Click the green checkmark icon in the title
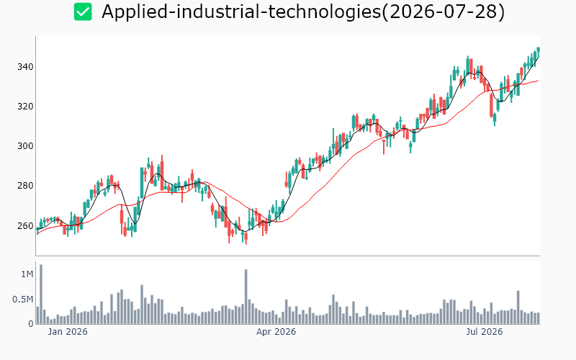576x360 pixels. click(83, 12)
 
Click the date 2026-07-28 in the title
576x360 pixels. click(444, 12)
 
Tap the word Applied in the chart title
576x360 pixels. click(134, 12)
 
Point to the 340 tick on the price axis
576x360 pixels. click(25, 67)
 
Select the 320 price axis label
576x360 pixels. click(25, 107)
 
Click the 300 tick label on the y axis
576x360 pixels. click(25, 146)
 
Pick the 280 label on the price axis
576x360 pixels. click(25, 186)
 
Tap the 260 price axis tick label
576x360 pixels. click(25, 225)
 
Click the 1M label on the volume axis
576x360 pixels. click(27, 274)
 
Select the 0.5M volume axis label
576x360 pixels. click(23, 300)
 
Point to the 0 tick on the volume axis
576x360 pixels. click(31, 324)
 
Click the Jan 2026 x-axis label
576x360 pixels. click(68, 332)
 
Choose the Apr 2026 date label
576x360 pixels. click(276, 332)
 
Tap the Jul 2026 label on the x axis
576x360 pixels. click(484, 332)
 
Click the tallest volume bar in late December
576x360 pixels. click(41, 294)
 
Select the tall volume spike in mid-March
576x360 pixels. click(246, 297)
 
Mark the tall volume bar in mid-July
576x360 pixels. click(518, 307)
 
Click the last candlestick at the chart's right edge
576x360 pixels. click(538, 49)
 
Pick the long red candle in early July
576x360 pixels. click(491, 105)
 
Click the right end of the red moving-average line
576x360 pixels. click(538, 81)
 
